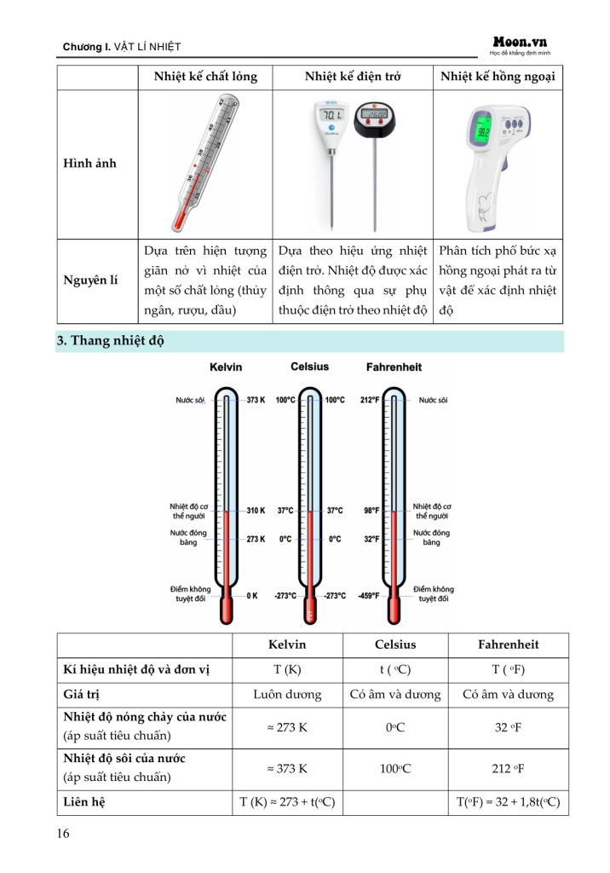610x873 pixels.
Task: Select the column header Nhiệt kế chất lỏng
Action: point(206,77)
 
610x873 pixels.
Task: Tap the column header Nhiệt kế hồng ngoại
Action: point(498,77)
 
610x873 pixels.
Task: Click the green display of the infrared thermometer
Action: point(479,130)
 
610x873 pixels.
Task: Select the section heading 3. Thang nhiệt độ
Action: point(111,341)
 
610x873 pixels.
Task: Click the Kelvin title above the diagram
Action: point(226,367)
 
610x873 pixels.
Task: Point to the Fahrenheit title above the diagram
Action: point(393,367)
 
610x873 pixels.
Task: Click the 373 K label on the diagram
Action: point(256,400)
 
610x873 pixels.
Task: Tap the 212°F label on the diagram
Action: point(369,400)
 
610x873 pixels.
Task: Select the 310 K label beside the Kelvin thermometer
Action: point(256,511)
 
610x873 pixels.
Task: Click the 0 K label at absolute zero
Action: point(252,596)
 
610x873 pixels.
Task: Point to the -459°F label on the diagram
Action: point(368,596)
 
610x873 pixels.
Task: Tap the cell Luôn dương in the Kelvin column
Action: point(287,694)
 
